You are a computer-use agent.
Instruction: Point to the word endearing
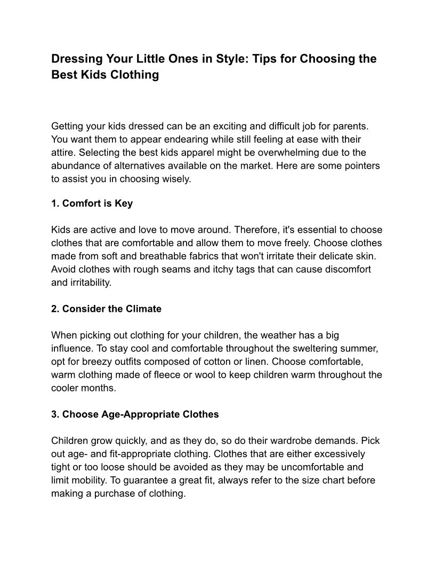(179, 140)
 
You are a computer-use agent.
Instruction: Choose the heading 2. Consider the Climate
(106, 309)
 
